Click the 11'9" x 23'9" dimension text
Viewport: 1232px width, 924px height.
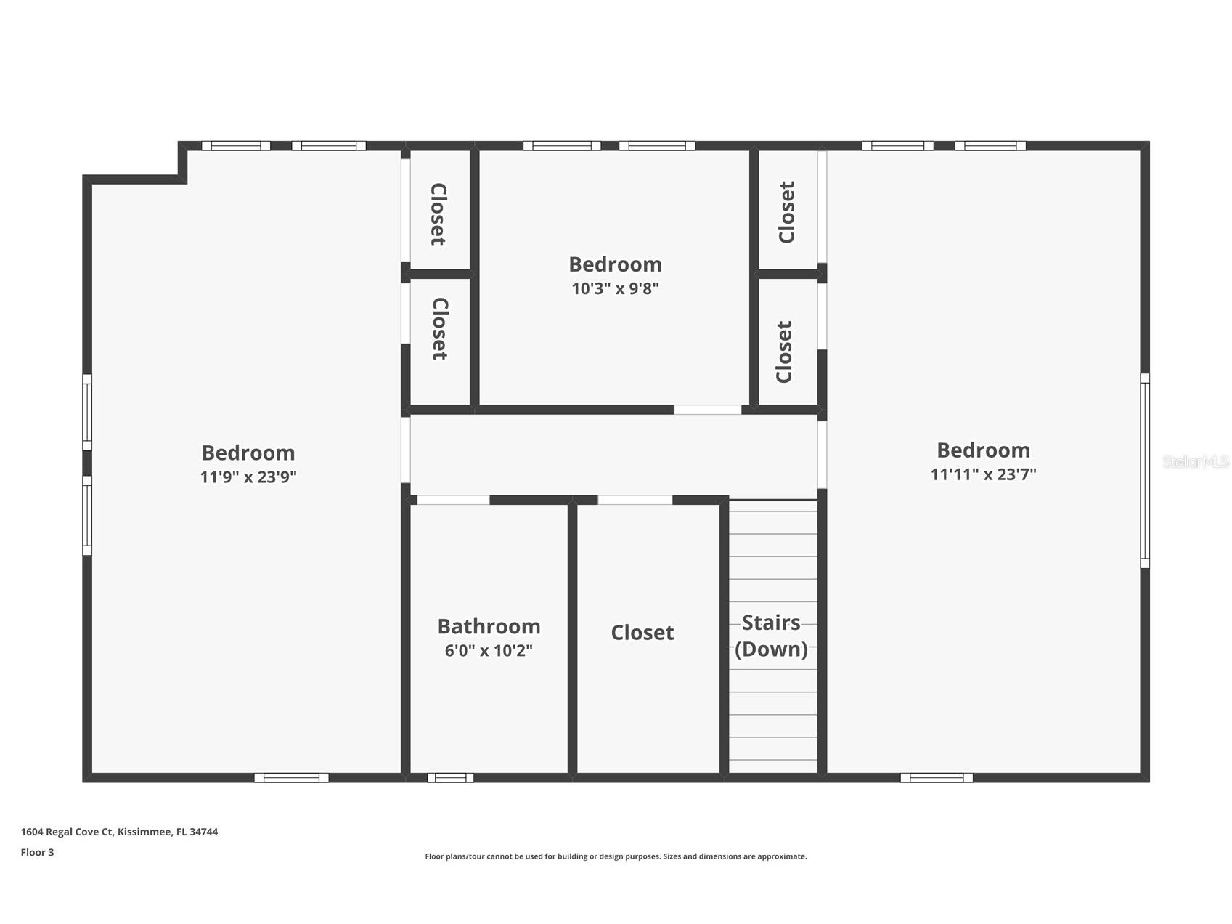248,477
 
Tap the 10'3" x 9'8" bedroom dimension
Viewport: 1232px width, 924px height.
615,288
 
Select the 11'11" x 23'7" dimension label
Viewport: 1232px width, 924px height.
983,474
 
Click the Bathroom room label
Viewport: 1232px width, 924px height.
489,626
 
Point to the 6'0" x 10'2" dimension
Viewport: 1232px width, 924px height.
489,650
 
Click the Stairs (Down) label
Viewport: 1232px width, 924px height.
771,636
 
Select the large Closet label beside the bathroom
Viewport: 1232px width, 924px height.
642,633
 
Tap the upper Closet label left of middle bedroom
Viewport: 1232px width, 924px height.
438,214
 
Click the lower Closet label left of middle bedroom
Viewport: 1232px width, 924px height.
439,328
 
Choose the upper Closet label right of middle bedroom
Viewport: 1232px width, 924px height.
787,212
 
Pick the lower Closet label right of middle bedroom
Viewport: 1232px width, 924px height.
784,352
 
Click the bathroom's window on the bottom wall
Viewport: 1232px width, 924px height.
450,778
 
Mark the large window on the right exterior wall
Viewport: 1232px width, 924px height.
1145,471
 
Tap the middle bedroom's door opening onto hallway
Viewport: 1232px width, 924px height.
707,410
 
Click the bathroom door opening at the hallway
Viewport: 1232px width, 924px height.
453,500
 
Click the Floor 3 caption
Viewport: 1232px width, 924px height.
37,853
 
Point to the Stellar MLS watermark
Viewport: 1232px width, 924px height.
1195,461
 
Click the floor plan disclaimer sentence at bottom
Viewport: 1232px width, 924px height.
616,856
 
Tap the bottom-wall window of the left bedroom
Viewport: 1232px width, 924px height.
291,778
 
